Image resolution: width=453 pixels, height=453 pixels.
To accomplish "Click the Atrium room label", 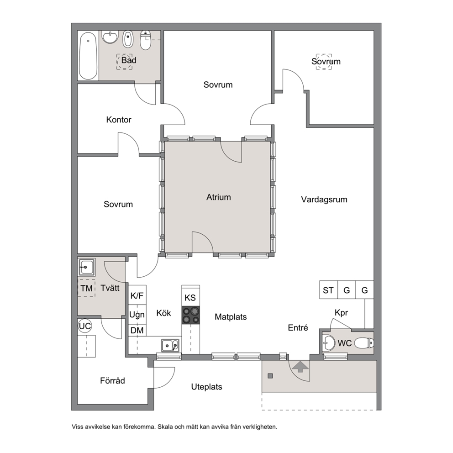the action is [218, 197].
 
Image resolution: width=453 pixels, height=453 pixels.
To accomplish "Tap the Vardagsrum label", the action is [324, 200].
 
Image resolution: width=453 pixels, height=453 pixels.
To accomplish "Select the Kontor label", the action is [119, 120].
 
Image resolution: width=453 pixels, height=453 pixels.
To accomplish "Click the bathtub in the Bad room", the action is [88, 56].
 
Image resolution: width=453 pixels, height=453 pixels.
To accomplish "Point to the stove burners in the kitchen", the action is [191, 315].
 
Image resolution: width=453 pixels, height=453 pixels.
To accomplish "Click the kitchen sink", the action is [170, 345].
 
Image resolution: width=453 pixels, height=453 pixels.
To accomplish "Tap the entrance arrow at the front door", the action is [300, 366].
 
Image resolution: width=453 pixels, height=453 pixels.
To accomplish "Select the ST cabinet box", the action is [328, 290].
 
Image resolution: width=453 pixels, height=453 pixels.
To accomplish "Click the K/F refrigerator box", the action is [137, 295].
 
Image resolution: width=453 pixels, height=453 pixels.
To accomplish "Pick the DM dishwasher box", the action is [137, 330].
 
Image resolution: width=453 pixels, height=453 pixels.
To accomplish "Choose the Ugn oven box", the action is [137, 315].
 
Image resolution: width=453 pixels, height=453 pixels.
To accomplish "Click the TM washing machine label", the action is [86, 288].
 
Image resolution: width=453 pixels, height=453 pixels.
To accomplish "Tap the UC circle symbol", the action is [84, 326].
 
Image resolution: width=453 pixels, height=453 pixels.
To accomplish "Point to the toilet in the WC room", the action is [364, 343].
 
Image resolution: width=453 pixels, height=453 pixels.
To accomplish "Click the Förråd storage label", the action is [112, 381].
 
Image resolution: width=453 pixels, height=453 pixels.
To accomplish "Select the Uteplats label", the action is [206, 387].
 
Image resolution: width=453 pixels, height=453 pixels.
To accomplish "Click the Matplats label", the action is [231, 317].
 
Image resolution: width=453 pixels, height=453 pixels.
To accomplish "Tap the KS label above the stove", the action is [190, 298].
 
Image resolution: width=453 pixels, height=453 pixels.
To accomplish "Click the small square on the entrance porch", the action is [270, 376].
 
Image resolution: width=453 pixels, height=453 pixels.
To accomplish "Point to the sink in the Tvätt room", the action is [87, 267].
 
